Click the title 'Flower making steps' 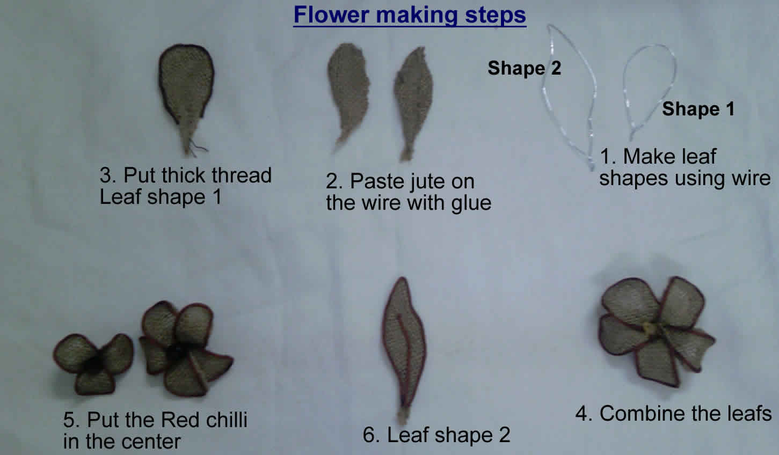pyautogui.click(x=410, y=16)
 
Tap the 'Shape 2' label pyautogui.click(x=524, y=68)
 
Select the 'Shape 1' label pyautogui.click(x=698, y=109)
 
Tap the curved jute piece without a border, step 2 pyautogui.click(x=348, y=94)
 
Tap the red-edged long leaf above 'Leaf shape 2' pyautogui.click(x=403, y=348)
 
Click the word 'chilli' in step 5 pyautogui.click(x=227, y=420)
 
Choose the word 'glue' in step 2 pyautogui.click(x=471, y=203)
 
